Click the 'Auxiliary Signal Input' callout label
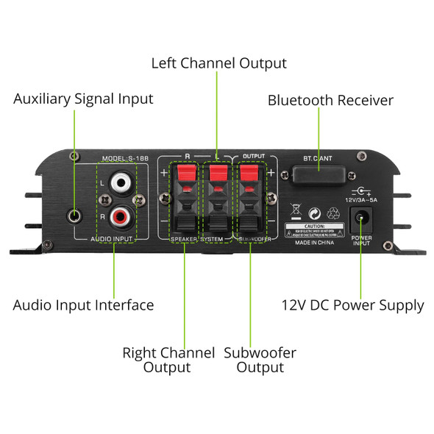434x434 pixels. (x=83, y=99)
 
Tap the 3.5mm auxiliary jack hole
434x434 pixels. (x=74, y=216)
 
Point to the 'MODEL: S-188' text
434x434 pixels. (x=126, y=158)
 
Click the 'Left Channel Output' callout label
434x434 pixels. (x=218, y=63)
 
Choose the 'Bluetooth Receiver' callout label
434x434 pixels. (x=330, y=100)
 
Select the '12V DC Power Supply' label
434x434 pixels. (x=353, y=305)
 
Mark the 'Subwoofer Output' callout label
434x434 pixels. (x=260, y=360)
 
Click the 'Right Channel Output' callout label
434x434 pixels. (x=168, y=360)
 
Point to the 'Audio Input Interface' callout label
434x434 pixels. (x=84, y=305)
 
